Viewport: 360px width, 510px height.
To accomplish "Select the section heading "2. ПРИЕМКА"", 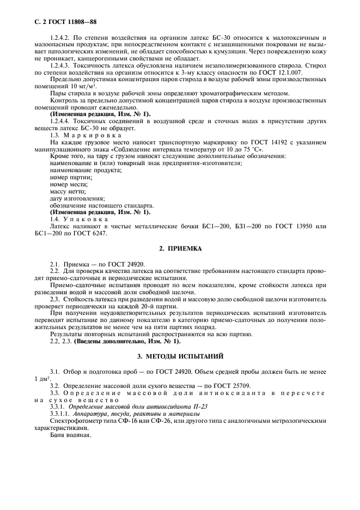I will (180, 248).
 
